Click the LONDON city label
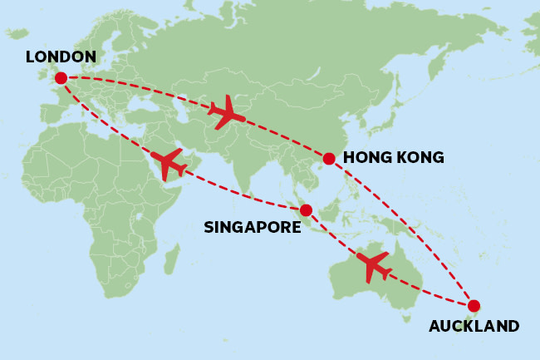(x=61, y=57)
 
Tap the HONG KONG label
(x=393, y=157)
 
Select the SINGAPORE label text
(x=252, y=225)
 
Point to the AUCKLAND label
(x=474, y=326)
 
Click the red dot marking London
(x=61, y=78)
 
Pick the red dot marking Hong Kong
(x=329, y=158)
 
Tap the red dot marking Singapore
(x=306, y=210)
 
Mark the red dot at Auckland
(x=474, y=304)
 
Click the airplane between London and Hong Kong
(x=226, y=112)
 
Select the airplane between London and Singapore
(x=169, y=164)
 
